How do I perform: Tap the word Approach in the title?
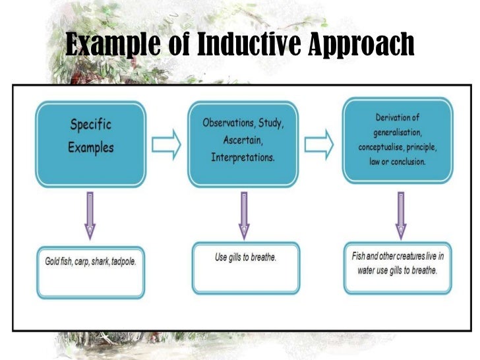click(x=360, y=45)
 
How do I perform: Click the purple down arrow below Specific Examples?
click(x=90, y=214)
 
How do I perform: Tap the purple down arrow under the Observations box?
click(x=243, y=214)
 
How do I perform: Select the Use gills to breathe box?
click(x=245, y=268)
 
